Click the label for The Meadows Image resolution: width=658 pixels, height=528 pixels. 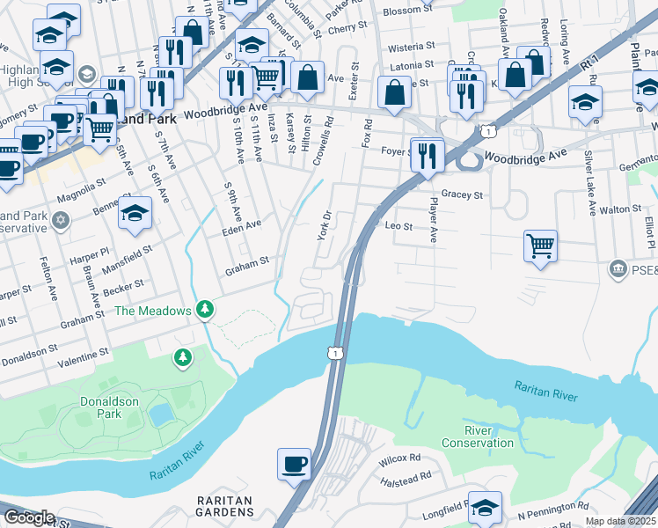click(x=152, y=310)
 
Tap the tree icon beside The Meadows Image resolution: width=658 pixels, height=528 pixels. click(x=205, y=309)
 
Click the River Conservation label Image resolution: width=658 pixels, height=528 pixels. click(x=477, y=436)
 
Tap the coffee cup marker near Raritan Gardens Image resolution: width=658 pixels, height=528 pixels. click(x=294, y=463)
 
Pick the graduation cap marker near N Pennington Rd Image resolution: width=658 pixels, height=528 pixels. click(x=485, y=507)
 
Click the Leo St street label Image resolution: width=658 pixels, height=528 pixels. click(x=399, y=226)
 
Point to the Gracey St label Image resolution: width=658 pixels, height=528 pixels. click(x=463, y=194)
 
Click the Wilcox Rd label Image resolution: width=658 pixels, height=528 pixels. click(x=400, y=459)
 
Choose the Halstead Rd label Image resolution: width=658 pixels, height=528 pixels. click(x=406, y=480)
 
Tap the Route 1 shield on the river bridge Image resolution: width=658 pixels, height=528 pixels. click(x=334, y=353)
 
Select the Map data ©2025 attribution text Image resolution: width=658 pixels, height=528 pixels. click(x=619, y=521)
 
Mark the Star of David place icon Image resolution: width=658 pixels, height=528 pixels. click(x=60, y=217)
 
